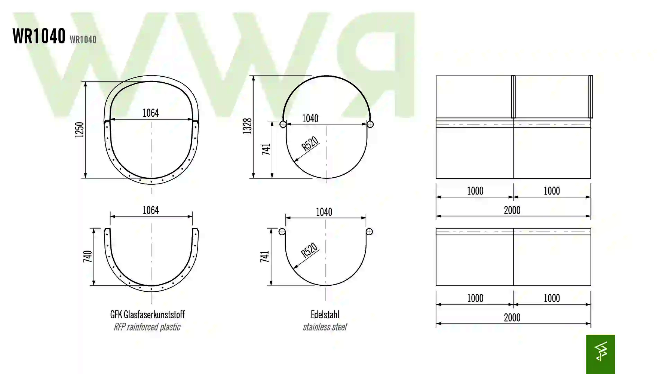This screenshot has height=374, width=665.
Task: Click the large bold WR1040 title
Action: click(39, 36)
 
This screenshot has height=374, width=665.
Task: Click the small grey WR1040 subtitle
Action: click(83, 40)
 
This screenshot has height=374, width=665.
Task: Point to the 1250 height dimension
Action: click(80, 130)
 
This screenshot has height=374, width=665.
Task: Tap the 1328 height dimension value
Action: click(248, 126)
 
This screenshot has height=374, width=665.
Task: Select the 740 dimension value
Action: click(88, 257)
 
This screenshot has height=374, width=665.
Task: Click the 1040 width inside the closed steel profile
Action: click(310, 119)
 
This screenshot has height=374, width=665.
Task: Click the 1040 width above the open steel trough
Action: click(324, 212)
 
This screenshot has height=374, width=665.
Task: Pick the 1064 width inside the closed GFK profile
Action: click(151, 113)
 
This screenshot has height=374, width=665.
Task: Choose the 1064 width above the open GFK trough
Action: click(151, 210)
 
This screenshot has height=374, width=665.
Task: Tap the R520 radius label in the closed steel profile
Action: click(310, 143)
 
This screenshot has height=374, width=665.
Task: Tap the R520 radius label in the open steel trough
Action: click(309, 250)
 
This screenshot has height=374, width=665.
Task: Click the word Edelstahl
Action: click(325, 315)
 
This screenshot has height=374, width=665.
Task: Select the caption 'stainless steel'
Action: click(325, 327)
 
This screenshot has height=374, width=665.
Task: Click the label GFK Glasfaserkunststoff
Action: click(147, 315)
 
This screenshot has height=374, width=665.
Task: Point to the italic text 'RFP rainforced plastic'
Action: click(147, 327)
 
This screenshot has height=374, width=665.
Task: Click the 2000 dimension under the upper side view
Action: click(512, 210)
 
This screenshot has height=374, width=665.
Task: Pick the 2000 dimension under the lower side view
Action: click(512, 318)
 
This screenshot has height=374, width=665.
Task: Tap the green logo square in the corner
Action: click(600, 354)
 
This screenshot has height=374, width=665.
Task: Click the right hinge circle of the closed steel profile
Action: click(370, 124)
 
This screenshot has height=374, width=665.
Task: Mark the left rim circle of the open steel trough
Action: click(282, 232)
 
